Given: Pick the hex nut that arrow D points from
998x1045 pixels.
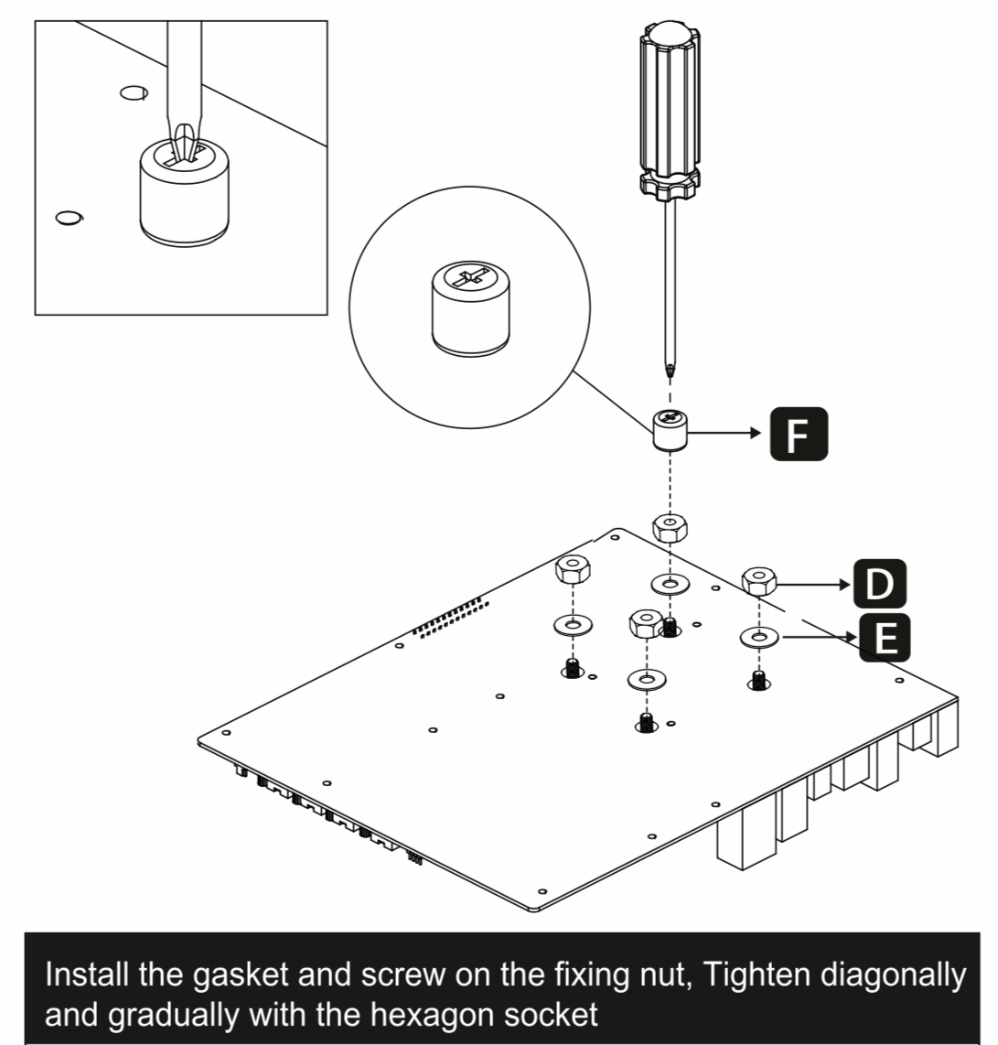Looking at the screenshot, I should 758,580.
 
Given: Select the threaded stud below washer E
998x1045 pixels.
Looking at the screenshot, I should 757,680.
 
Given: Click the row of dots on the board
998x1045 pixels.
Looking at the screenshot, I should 448,617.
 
